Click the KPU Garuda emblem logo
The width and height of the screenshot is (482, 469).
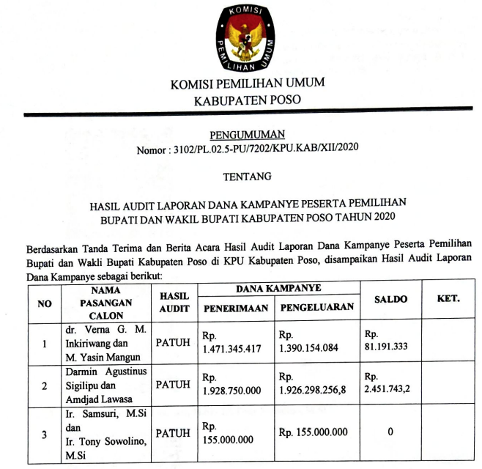click(x=245, y=37)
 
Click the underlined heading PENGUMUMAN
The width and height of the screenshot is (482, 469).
click(x=246, y=135)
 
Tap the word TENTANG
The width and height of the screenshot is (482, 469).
click(x=246, y=176)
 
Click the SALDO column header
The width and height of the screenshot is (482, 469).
click(x=390, y=300)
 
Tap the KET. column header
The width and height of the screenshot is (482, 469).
click(x=448, y=299)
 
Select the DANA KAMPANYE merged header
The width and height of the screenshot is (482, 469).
click(x=278, y=289)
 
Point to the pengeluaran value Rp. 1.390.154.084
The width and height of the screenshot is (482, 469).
click(x=308, y=342)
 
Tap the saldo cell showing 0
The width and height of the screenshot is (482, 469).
click(x=390, y=432)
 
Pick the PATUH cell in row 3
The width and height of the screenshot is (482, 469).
click(x=173, y=432)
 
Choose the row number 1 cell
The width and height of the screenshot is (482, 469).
click(x=45, y=342)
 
